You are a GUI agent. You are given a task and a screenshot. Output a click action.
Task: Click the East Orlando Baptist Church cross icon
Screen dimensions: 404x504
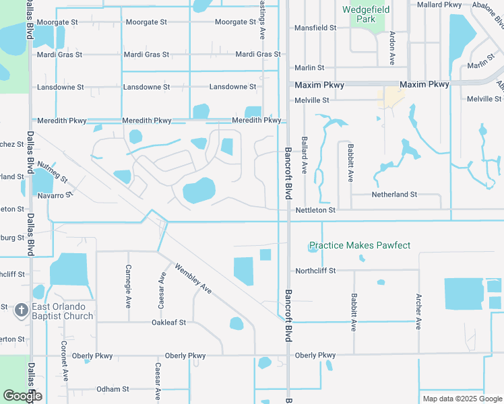pos(21,310)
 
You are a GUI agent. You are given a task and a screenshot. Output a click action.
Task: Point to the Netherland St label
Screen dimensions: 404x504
pos(394,195)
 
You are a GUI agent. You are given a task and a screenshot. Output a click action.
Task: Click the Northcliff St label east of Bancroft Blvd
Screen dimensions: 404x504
pos(315,271)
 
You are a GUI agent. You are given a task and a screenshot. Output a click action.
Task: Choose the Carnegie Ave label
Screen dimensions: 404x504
pos(128,282)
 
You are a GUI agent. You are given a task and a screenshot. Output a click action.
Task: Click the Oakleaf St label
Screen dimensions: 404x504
pos(168,323)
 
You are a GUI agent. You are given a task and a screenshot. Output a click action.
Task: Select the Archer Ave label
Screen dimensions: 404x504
pos(418,311)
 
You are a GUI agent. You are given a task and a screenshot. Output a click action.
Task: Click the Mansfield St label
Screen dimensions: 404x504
pos(315,28)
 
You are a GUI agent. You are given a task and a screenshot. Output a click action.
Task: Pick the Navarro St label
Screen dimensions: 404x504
pos(55,195)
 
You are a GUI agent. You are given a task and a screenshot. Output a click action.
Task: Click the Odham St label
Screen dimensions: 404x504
pos(112,389)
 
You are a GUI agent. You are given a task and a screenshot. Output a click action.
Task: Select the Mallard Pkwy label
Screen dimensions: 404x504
pos(439,5)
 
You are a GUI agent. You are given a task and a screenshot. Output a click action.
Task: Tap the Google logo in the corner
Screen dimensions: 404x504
pos(22,396)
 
